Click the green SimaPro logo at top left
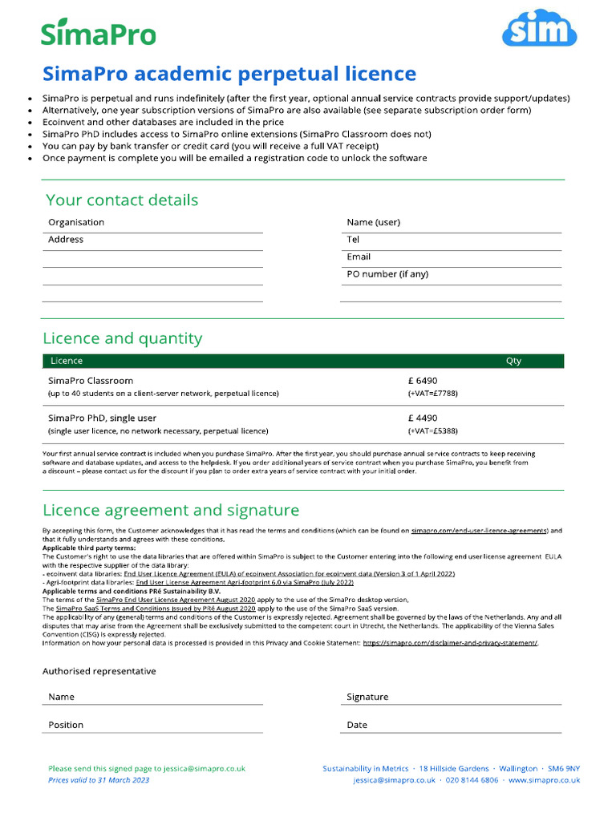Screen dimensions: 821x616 tap(99, 33)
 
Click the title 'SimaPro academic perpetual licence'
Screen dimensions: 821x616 tap(229, 75)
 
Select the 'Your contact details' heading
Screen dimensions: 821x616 tap(122, 200)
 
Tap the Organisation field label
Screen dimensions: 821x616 tap(76, 222)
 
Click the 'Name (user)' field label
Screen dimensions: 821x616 tap(373, 222)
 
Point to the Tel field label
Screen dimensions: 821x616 tap(353, 240)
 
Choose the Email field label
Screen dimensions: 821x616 tap(359, 257)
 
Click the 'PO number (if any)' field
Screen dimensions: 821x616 tap(387, 274)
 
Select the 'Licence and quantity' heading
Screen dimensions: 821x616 tap(122, 338)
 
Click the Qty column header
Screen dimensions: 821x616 tap(513, 361)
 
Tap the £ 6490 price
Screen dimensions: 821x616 tap(423, 381)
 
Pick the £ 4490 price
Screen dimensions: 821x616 tap(423, 418)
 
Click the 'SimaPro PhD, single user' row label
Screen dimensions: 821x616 tap(102, 418)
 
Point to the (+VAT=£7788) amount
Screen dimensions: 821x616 tap(432, 394)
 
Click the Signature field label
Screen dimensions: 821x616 tap(367, 697)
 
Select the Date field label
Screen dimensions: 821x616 tap(357, 725)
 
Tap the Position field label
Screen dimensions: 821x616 tap(66, 725)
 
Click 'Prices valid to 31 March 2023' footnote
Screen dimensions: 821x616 tap(99, 780)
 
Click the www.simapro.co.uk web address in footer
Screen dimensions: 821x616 tap(544, 780)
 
